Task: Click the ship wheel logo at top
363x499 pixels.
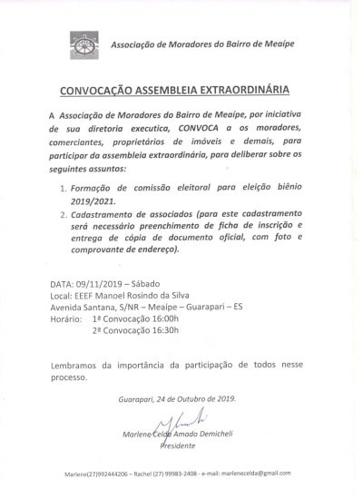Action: coord(86,44)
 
